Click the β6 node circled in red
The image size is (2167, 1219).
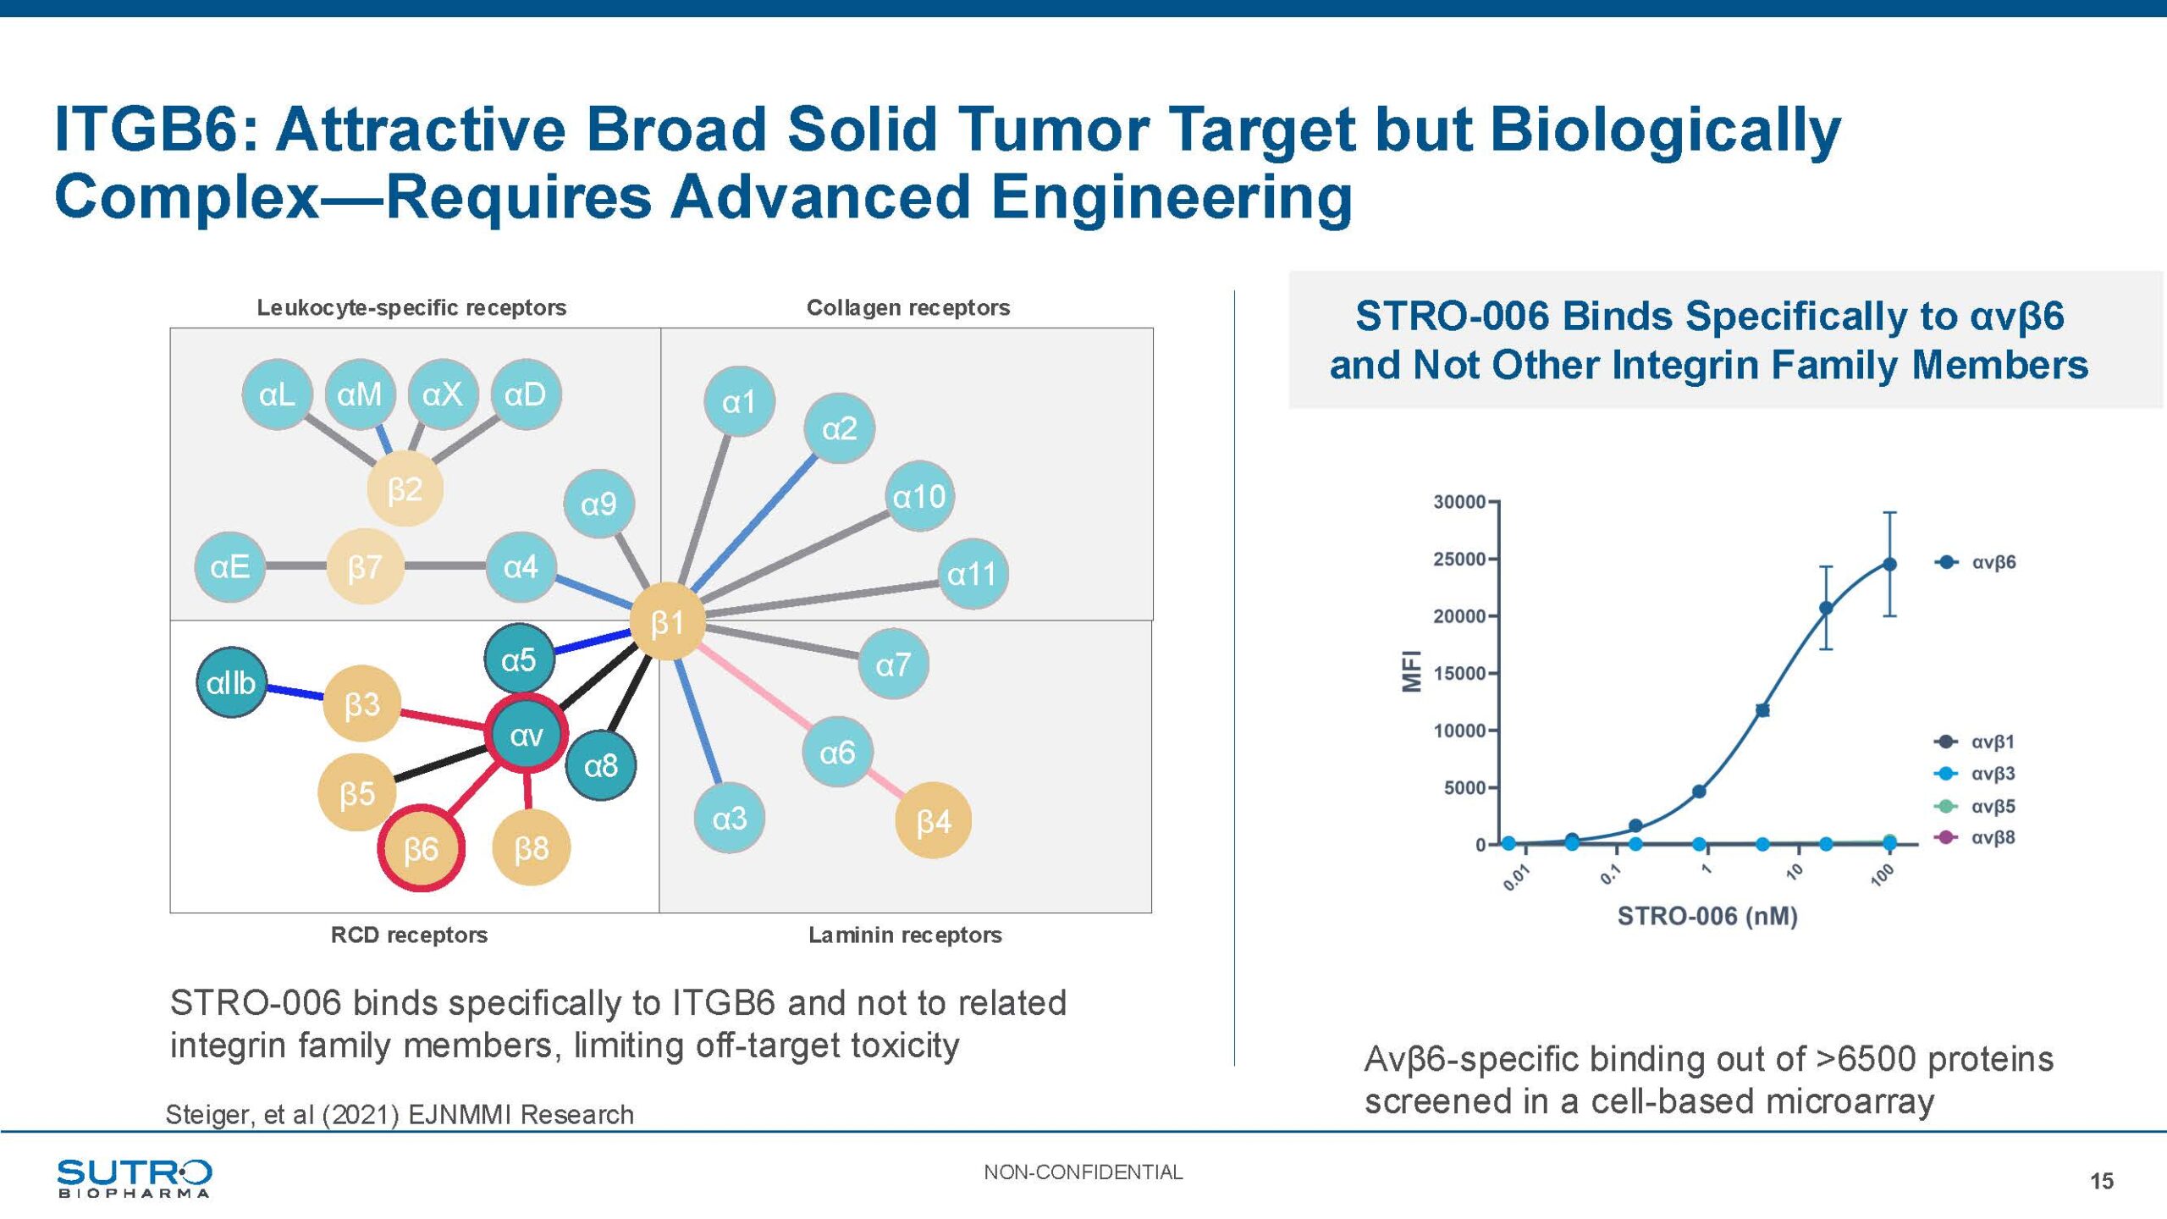421,848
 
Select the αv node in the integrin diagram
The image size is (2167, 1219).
526,734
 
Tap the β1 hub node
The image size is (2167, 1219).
667,622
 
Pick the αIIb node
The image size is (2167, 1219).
231,682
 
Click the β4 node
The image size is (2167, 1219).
933,820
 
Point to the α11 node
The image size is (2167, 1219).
972,574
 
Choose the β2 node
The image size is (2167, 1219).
405,489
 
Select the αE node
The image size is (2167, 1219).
230,566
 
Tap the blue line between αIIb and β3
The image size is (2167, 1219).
295,692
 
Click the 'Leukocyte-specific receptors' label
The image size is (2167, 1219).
411,307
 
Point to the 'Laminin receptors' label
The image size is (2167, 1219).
905,935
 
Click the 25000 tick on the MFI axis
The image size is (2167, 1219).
1459,560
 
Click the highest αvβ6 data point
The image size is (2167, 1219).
1889,564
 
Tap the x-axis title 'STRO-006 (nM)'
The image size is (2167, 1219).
1707,916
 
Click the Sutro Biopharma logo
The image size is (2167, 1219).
134,1178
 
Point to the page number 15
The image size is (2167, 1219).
2101,1181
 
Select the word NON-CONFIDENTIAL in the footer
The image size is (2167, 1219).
1083,1172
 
